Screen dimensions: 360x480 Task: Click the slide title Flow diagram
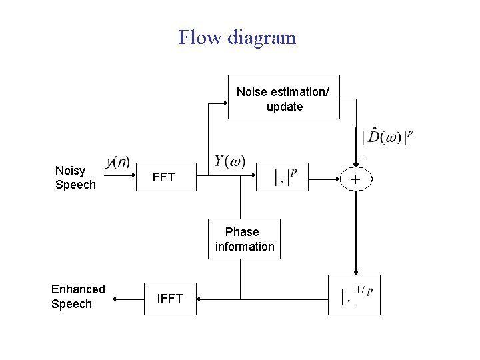(237, 37)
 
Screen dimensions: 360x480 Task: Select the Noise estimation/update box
(284, 97)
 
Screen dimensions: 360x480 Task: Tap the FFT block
(163, 177)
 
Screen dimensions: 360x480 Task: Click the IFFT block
(170, 299)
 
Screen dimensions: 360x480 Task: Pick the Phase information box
(244, 239)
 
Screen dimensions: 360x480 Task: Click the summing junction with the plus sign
(356, 179)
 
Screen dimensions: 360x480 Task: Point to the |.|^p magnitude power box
(282, 177)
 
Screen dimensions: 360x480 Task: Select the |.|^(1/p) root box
(355, 295)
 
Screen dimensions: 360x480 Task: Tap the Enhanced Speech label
(78, 297)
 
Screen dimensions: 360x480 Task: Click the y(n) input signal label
(119, 163)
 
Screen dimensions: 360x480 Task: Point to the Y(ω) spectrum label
(230, 161)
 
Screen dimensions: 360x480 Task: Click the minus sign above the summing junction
(363, 159)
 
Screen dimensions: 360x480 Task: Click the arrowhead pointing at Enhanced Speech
(115, 300)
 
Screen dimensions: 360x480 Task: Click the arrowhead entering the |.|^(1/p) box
(356, 271)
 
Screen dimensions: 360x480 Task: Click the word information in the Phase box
(245, 247)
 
